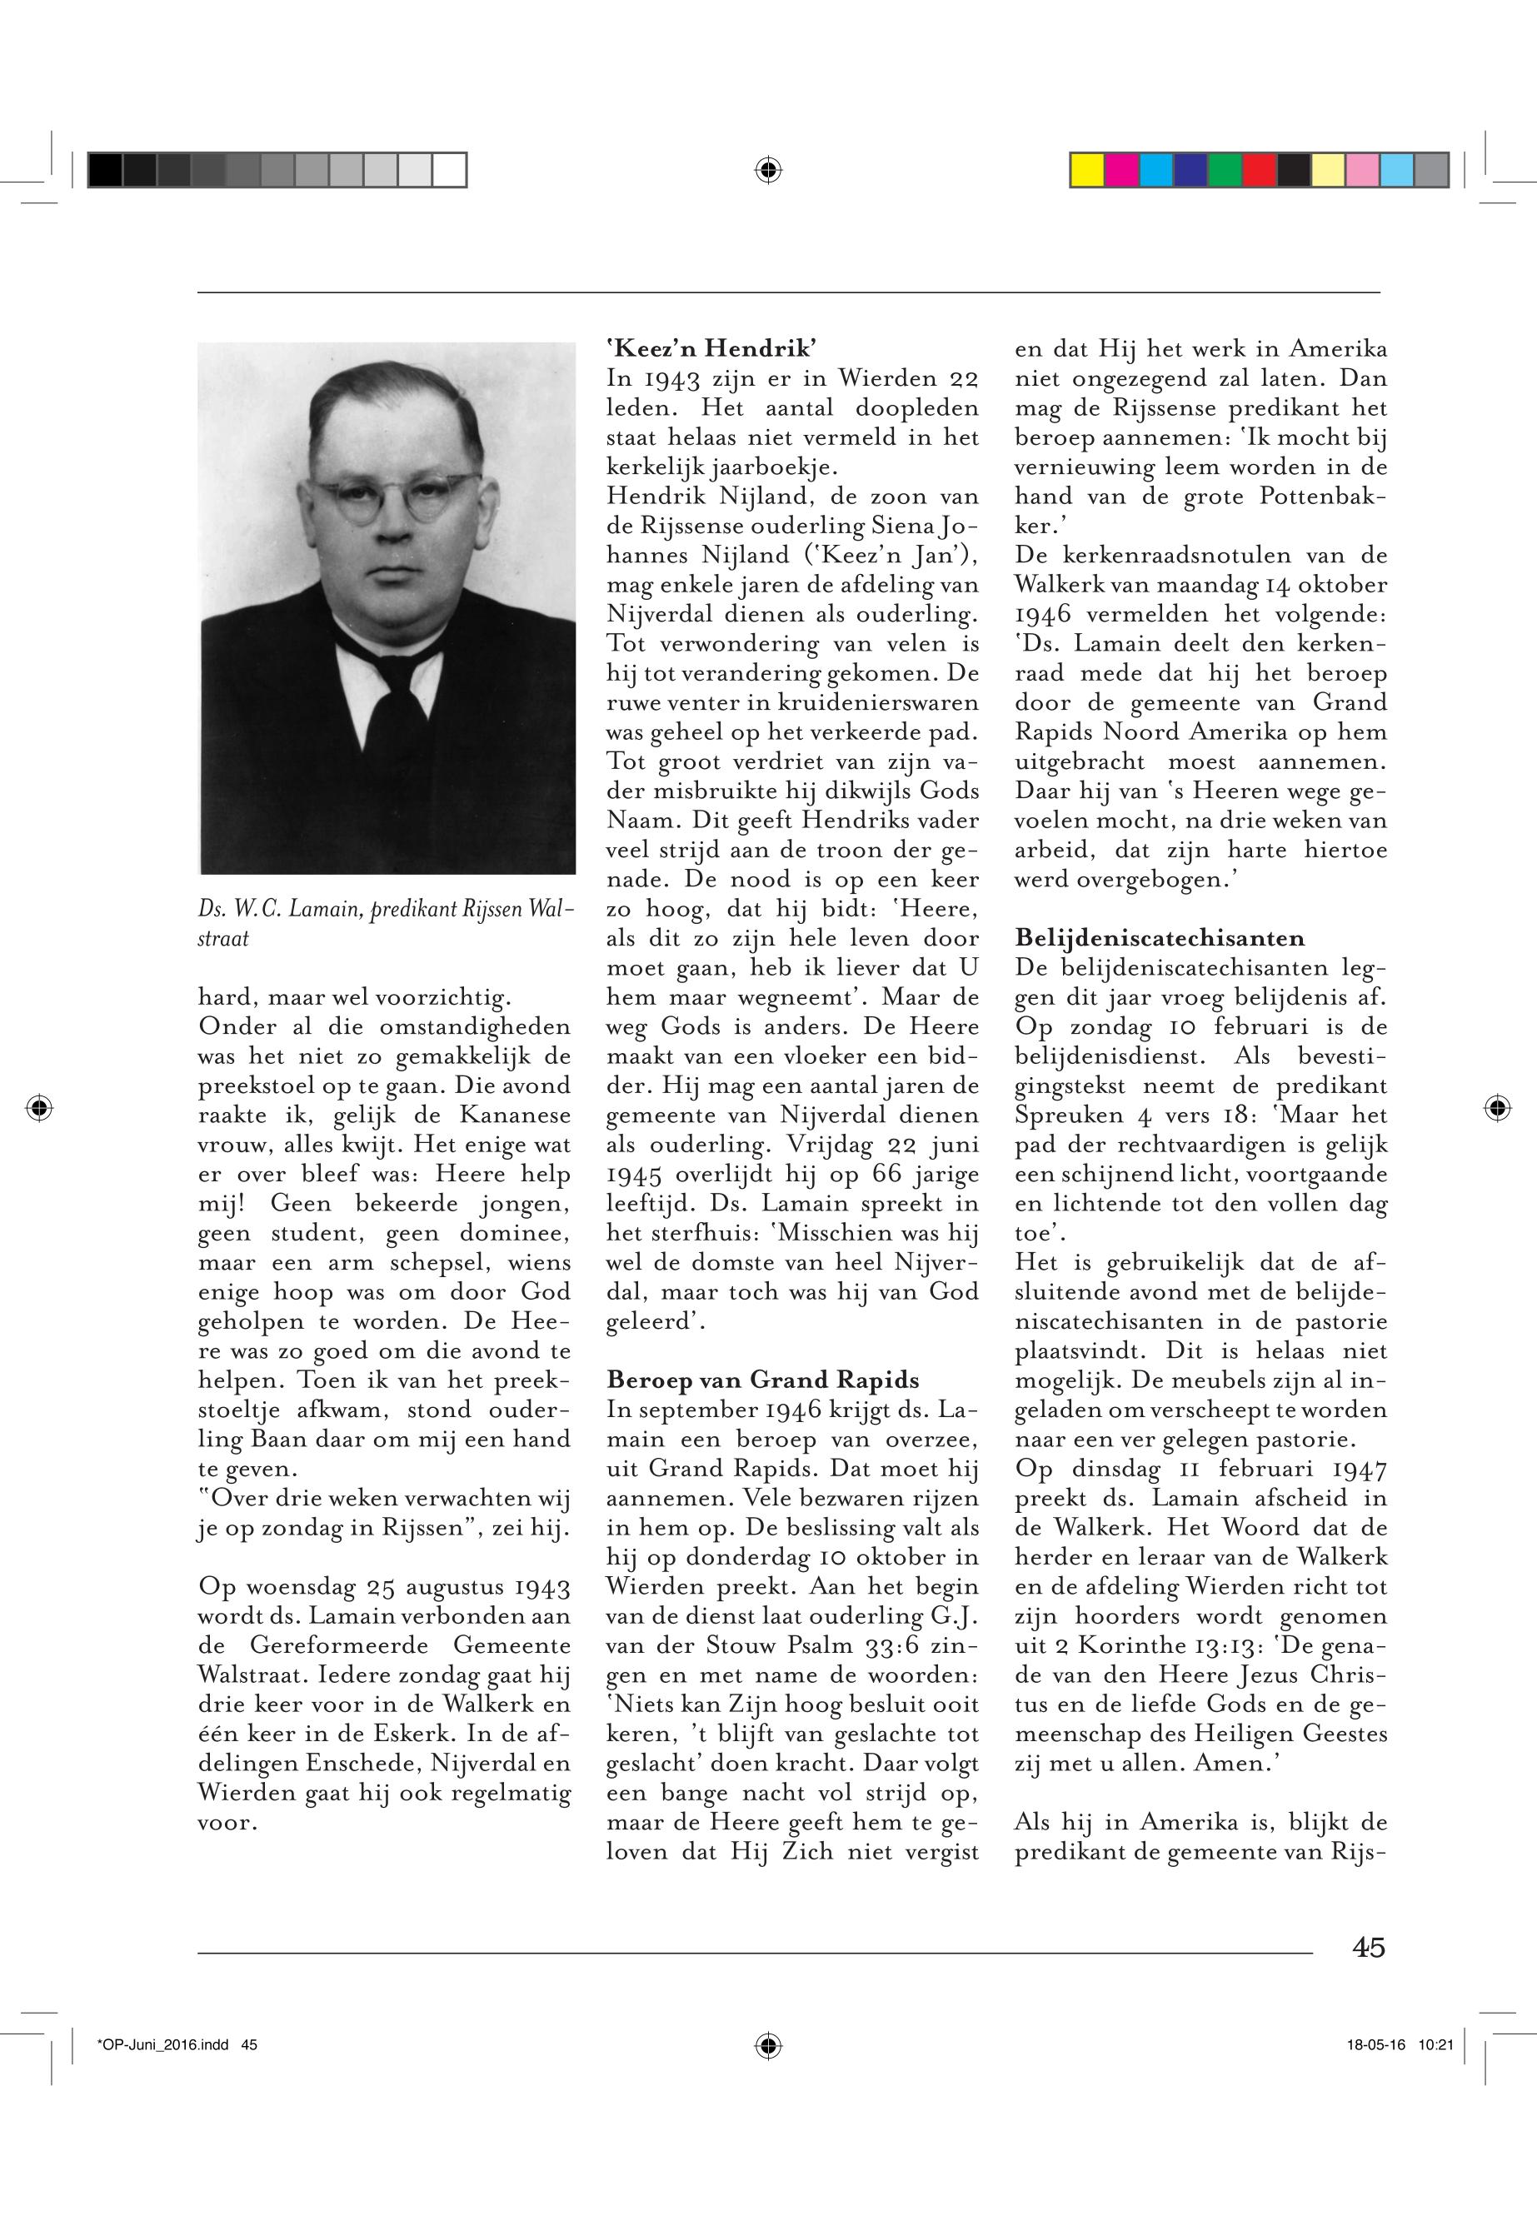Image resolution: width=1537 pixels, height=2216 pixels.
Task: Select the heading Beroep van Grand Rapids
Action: [763, 1379]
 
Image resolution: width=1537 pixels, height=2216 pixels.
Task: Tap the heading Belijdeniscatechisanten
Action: [1160, 937]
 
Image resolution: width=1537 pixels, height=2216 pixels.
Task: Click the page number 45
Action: [1368, 1947]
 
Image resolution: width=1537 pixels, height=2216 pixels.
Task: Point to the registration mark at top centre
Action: [767, 171]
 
